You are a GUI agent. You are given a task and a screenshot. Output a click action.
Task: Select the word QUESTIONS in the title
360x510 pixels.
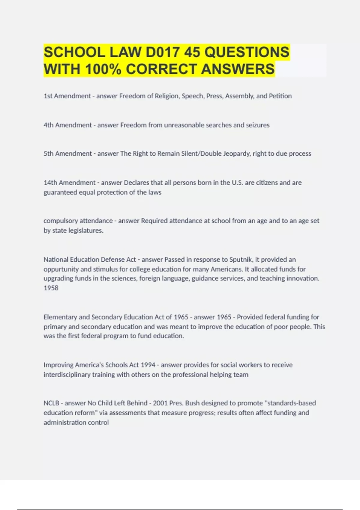tap(247, 52)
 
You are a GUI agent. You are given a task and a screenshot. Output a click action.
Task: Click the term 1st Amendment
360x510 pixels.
tap(67, 96)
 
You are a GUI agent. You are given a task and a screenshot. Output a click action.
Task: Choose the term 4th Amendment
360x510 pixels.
tap(67, 125)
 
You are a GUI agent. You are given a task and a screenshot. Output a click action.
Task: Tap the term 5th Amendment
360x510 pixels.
tap(67, 154)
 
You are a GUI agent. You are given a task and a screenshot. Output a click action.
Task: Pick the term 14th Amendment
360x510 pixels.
tap(69, 183)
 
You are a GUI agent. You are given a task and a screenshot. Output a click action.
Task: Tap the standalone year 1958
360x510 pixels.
tap(51, 288)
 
